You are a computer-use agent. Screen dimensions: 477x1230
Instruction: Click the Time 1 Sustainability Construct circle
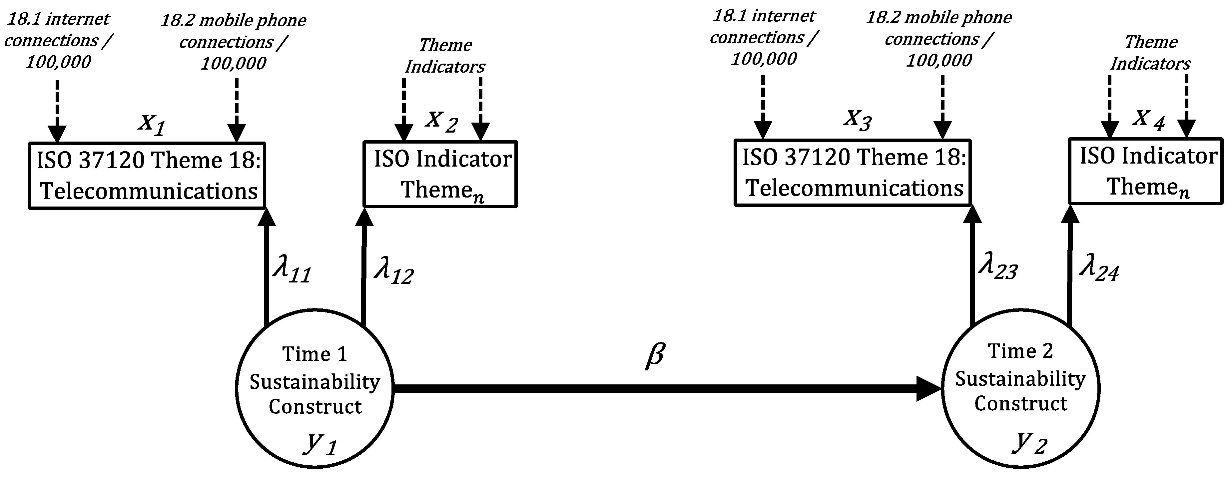click(x=314, y=388)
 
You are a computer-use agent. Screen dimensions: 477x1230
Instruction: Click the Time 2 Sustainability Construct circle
click(x=1020, y=388)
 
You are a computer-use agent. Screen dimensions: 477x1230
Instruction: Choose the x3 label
click(x=858, y=119)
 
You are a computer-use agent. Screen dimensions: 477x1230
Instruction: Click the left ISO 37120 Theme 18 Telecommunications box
click(x=147, y=175)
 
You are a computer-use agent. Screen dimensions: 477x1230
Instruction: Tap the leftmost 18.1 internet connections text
click(x=58, y=41)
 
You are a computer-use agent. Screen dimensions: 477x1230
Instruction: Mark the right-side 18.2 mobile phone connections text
click(x=939, y=39)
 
